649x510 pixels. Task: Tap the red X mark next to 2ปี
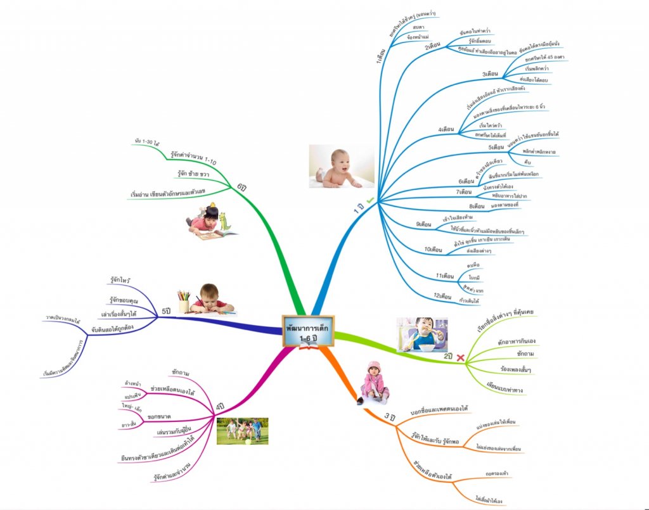point(460,358)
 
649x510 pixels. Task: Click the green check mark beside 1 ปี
point(370,201)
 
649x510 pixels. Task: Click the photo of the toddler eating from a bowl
point(422,335)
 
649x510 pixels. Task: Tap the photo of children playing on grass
point(242,430)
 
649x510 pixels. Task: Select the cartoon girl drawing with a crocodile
point(211,221)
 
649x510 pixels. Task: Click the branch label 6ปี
point(241,187)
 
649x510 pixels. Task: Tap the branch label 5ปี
point(167,312)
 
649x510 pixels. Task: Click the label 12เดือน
point(442,296)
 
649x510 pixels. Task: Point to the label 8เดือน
point(477,206)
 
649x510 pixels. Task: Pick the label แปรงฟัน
point(133,394)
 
